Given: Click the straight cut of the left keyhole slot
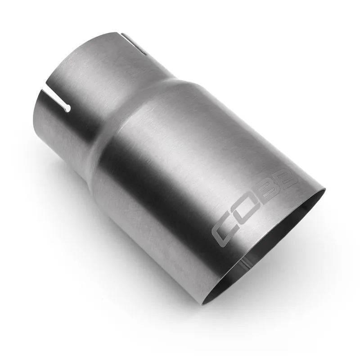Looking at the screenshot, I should tap(54, 100).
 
